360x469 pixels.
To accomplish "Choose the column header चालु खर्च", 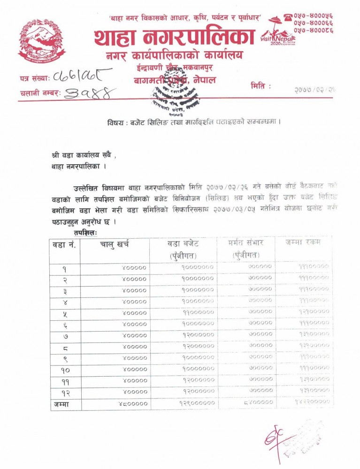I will tap(114, 244).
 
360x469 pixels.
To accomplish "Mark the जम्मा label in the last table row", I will tap(62, 403).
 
